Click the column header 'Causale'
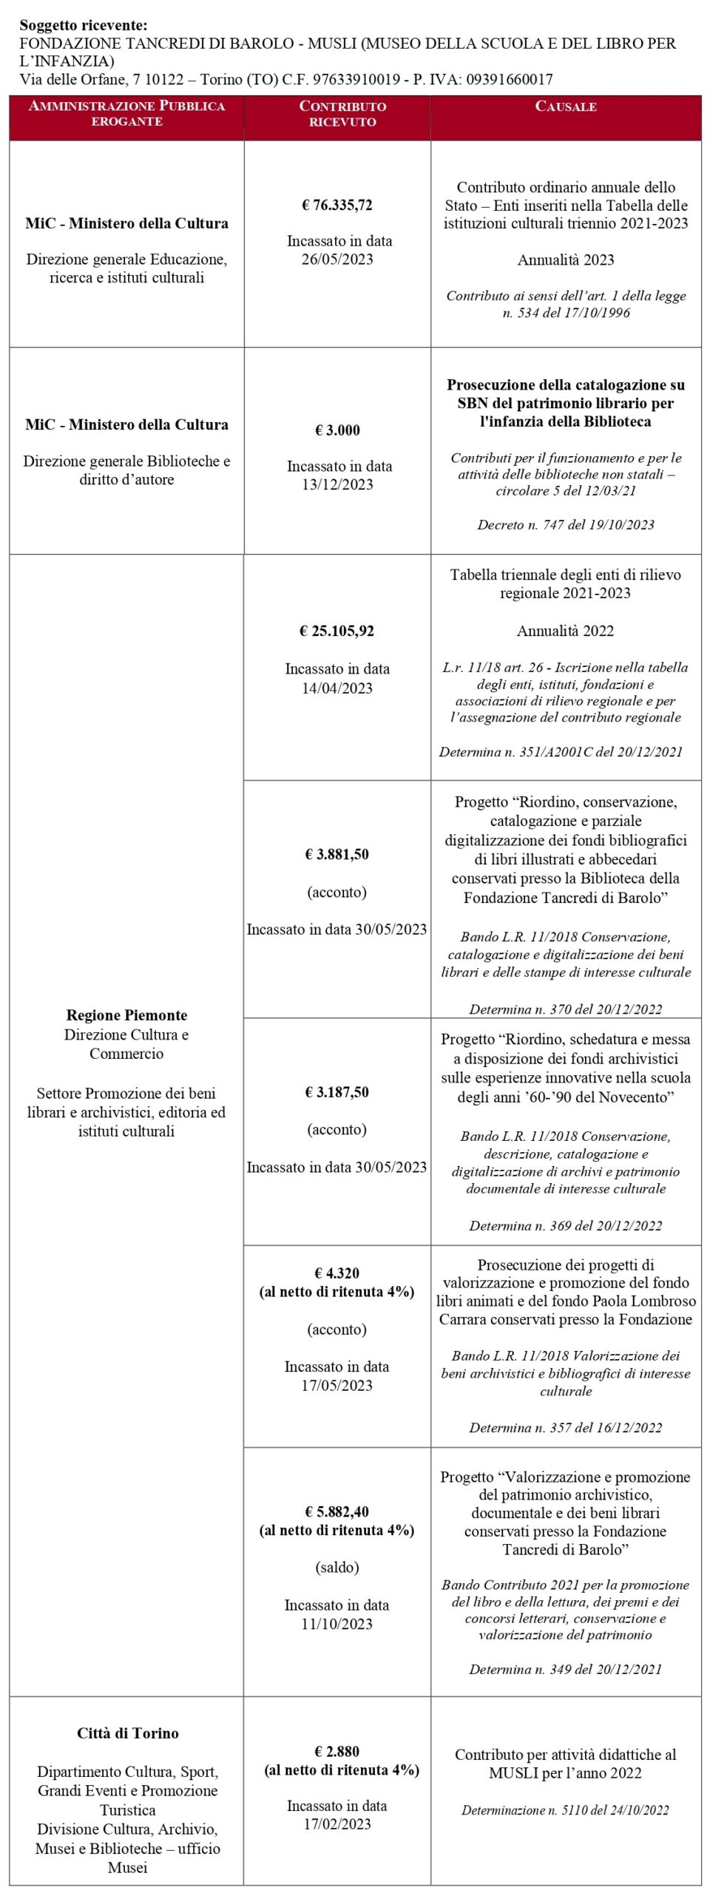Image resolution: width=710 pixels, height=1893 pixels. tap(566, 106)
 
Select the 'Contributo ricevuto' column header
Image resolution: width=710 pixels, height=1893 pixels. tap(342, 114)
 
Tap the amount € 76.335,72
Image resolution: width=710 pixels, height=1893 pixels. tap(337, 205)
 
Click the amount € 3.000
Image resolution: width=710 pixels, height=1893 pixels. tap(337, 430)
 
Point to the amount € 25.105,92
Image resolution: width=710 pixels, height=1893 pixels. tap(337, 631)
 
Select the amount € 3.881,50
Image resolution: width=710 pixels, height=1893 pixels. tap(337, 854)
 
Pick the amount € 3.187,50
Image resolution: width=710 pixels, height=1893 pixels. tap(337, 1092)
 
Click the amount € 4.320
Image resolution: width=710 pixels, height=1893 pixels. tap(337, 1273)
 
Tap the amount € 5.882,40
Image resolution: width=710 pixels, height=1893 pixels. tap(337, 1511)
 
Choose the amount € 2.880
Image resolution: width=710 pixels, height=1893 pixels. tap(337, 1751)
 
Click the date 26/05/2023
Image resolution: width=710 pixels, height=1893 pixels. tap(337, 259)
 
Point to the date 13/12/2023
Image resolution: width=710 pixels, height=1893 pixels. tap(337, 484)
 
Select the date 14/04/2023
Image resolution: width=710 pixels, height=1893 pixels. tap(337, 688)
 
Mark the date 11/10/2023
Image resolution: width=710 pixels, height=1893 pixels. tap(337, 1624)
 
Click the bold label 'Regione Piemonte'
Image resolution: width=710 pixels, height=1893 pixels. tap(126, 1015)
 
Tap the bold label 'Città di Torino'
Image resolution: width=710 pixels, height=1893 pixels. tap(128, 1733)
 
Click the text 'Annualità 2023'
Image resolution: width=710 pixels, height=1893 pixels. tap(566, 260)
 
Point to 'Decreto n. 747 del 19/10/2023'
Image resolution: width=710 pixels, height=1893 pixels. tap(566, 525)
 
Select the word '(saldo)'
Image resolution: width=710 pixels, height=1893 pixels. tap(337, 1568)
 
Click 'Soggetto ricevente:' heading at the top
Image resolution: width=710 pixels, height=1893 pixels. tap(84, 25)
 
